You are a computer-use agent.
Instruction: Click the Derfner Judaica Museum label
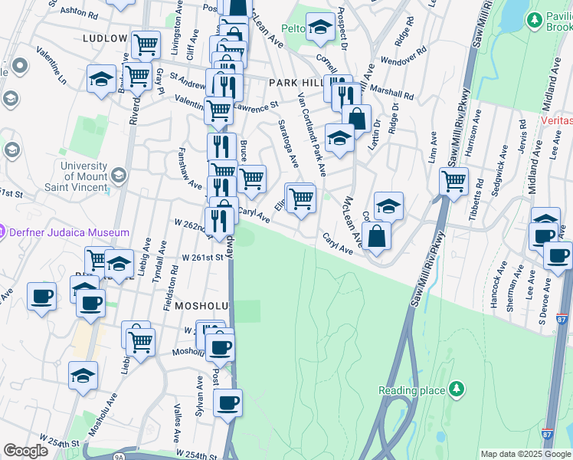(x=69, y=232)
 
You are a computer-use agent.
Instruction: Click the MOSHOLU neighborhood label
(x=202, y=305)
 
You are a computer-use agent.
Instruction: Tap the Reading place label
(x=412, y=390)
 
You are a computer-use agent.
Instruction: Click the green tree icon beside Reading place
(x=457, y=389)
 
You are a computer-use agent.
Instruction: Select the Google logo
(x=25, y=451)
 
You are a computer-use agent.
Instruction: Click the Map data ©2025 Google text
(x=525, y=454)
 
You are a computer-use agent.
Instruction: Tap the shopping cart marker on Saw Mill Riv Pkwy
(x=453, y=182)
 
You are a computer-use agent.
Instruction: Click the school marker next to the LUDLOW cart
(x=101, y=79)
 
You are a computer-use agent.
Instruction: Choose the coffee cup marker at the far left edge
(x=41, y=296)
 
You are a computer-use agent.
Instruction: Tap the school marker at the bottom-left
(x=83, y=376)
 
